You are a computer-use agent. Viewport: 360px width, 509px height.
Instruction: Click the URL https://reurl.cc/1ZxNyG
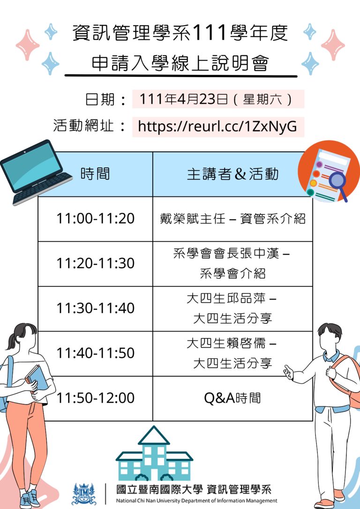pyautogui.click(x=217, y=126)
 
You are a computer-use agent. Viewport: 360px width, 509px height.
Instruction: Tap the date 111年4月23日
pyautogui.click(x=184, y=99)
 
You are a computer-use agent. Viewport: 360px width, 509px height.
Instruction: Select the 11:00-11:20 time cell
pyautogui.click(x=96, y=218)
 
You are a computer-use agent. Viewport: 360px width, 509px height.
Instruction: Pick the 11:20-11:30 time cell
pyautogui.click(x=96, y=263)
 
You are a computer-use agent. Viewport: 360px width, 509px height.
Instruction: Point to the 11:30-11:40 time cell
pyautogui.click(x=96, y=309)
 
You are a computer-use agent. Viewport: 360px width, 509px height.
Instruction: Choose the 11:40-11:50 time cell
pyautogui.click(x=96, y=353)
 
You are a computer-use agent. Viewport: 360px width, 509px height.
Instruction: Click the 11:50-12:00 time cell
pyautogui.click(x=96, y=398)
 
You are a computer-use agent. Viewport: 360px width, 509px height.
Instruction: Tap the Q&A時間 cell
pyautogui.click(x=232, y=398)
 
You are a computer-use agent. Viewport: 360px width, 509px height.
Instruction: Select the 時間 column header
pyautogui.click(x=96, y=174)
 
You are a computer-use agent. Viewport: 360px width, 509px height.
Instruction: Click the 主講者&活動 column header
pyautogui.click(x=232, y=174)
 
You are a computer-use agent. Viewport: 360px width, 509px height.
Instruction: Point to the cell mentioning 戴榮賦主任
pyautogui.click(x=232, y=218)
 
